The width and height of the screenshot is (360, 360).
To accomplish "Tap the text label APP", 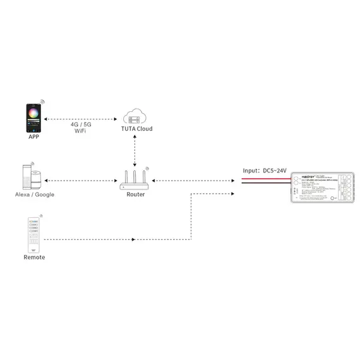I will pos(34,136).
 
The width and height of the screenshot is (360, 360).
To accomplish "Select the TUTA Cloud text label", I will pos(136,129).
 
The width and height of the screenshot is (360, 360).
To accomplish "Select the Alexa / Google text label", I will pos(34,195).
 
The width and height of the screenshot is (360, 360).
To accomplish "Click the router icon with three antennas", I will pos(135,181).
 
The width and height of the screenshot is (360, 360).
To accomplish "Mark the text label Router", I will pos(135,195).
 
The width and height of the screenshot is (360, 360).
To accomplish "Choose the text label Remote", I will pos(34,257).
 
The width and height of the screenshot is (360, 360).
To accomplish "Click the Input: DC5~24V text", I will pos(265,171).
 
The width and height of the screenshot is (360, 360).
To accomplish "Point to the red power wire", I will pos(265,179).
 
